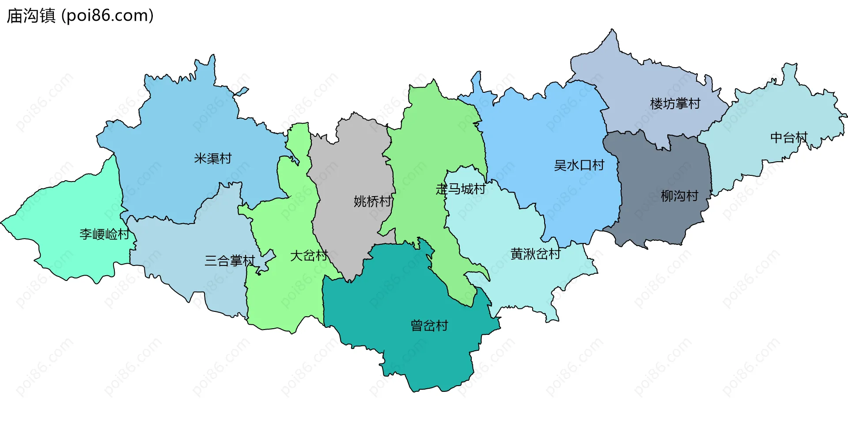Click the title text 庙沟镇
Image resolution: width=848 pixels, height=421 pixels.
31,15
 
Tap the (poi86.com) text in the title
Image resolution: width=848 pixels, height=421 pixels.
107,15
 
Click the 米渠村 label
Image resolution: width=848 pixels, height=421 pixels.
213,158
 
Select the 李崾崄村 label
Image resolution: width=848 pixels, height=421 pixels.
104,234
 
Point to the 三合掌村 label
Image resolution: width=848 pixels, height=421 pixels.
230,261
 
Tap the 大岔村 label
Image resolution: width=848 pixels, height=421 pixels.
309,255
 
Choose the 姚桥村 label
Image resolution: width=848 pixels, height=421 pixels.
372,201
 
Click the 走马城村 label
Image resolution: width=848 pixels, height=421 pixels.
461,189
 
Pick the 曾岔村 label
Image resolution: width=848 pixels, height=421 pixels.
429,326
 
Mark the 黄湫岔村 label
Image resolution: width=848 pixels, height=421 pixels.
535,254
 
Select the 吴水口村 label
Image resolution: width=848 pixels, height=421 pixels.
579,165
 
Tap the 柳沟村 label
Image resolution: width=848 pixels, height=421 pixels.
679,196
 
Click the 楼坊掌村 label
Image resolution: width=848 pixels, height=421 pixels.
675,103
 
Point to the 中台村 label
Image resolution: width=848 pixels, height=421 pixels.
789,137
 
